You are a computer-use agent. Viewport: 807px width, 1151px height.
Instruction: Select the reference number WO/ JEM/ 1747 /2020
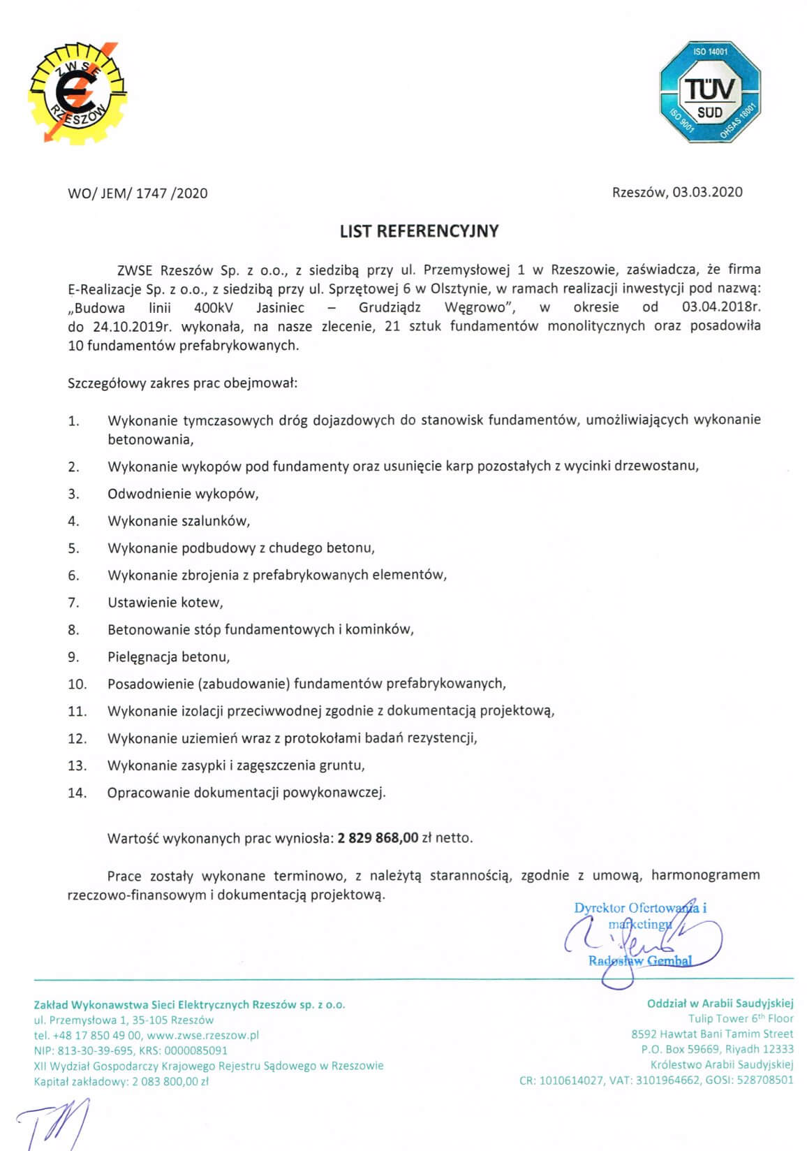tap(138, 193)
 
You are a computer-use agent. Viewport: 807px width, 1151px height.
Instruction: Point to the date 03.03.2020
tap(707, 192)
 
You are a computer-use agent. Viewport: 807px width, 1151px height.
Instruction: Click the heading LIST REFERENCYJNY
tap(419, 231)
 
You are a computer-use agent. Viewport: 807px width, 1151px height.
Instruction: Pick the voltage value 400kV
tap(214, 307)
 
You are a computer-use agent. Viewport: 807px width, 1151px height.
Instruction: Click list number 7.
tap(73, 603)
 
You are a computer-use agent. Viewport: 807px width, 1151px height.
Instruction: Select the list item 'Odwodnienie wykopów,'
tap(183, 494)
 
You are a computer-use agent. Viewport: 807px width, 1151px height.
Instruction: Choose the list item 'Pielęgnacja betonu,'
tap(168, 657)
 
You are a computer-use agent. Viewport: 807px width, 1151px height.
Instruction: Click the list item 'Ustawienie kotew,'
tap(165, 603)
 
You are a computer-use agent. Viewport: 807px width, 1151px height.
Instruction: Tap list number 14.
tap(77, 793)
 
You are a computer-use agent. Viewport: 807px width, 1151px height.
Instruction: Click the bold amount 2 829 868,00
tap(378, 838)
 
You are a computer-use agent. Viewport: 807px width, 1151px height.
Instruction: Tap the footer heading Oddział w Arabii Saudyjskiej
tap(720, 1004)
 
